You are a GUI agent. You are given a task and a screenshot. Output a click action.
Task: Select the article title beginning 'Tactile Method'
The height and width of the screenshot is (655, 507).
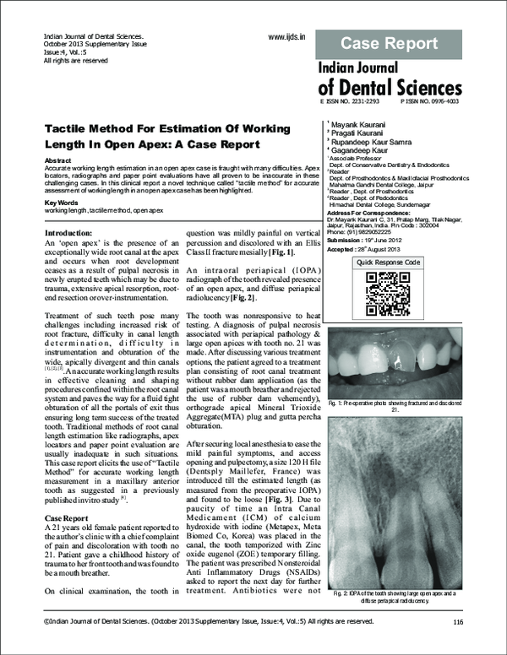point(170,135)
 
